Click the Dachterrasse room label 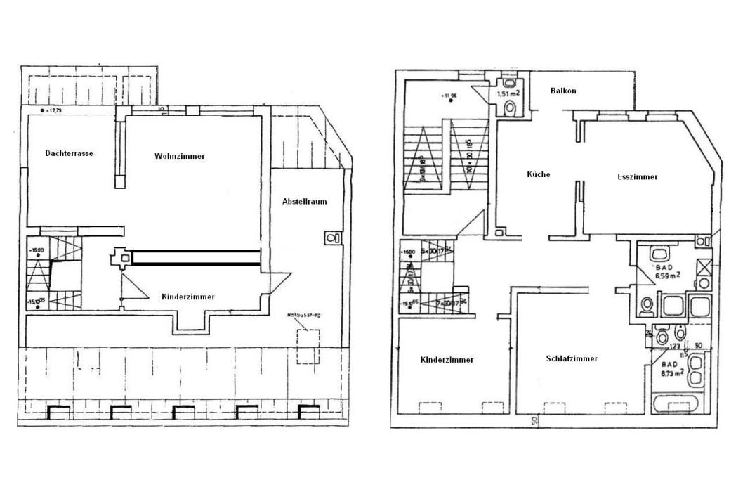pos(70,153)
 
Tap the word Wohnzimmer pos(180,156)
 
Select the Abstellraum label pos(304,201)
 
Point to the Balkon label pos(565,91)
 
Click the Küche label pos(539,174)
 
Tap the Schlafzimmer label pos(572,358)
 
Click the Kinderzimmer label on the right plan pos(447,360)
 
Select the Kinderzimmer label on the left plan pos(188,297)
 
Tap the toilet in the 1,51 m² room pos(511,108)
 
